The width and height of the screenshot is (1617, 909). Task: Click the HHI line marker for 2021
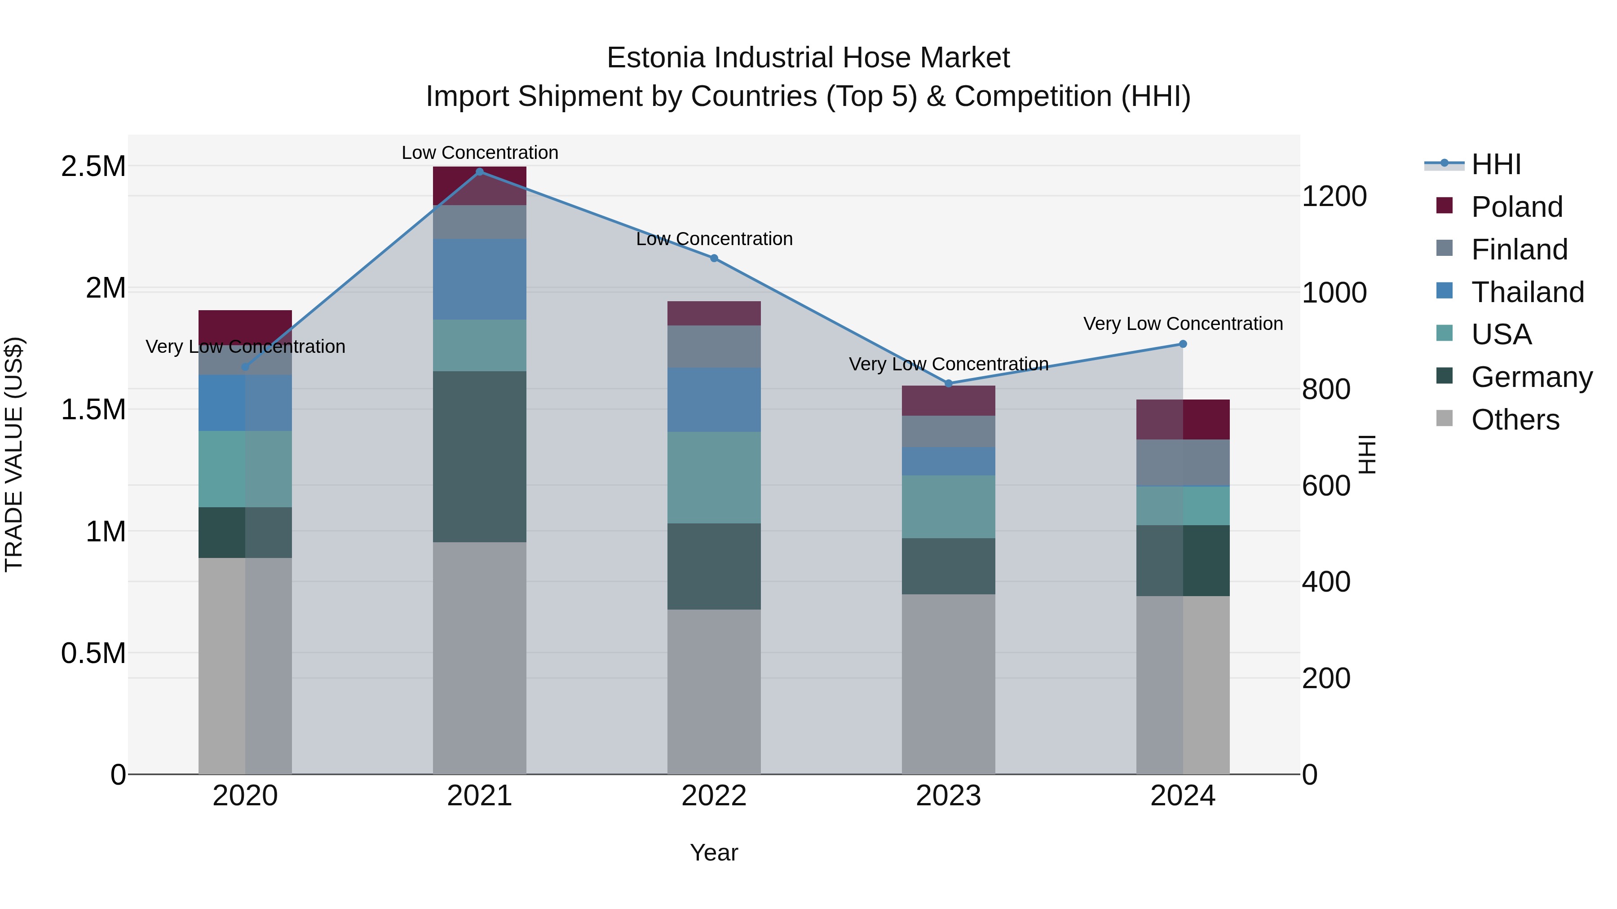tap(480, 172)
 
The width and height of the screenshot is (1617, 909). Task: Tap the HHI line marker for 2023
tap(949, 383)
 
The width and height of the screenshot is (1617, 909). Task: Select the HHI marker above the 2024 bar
tap(1183, 344)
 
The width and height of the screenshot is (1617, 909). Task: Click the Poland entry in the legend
tap(1516, 207)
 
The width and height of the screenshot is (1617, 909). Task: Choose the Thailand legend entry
tap(1527, 292)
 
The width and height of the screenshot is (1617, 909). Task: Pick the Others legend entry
tap(1515, 420)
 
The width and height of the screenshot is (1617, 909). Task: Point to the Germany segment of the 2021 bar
tap(480, 456)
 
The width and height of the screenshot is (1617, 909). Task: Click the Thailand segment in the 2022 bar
tap(714, 400)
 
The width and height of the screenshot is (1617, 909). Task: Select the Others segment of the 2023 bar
tap(949, 684)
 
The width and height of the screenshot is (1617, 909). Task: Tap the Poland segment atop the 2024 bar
tap(1183, 419)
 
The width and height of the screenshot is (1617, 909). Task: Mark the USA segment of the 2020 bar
tap(245, 469)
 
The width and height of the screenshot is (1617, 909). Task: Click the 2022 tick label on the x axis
tap(714, 796)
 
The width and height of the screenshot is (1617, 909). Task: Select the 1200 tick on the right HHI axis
tap(1334, 196)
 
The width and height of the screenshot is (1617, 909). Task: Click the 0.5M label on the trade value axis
tap(93, 653)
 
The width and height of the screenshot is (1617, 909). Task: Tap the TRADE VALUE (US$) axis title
tap(14, 454)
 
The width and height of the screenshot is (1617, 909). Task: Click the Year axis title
tap(714, 852)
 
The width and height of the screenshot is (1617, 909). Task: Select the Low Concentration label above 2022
tap(714, 239)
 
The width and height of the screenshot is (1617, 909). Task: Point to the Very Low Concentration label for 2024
tap(1183, 324)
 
